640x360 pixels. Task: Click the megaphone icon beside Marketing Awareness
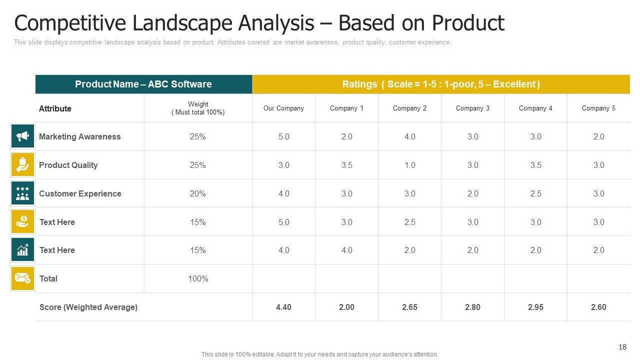[22, 136]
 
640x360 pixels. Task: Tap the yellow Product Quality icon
[22, 165]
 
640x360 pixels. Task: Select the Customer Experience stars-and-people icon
[22, 193]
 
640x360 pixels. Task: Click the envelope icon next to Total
[22, 278]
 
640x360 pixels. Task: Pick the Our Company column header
[283, 108]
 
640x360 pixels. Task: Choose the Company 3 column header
[472, 108]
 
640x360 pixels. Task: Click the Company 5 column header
[598, 108]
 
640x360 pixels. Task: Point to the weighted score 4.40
[283, 307]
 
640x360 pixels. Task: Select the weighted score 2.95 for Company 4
[535, 307]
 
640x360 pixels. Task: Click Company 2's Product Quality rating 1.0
[409, 165]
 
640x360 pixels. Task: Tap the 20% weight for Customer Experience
[198, 193]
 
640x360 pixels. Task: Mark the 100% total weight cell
[198, 278]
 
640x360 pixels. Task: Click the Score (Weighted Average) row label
[88, 307]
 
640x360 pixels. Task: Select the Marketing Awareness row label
[80, 136]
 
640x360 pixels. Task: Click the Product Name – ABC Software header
[143, 84]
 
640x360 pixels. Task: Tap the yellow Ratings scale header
[441, 84]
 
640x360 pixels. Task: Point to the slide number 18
[622, 347]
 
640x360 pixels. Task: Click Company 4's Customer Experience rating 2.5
[535, 193]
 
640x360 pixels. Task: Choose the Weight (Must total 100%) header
[198, 108]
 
